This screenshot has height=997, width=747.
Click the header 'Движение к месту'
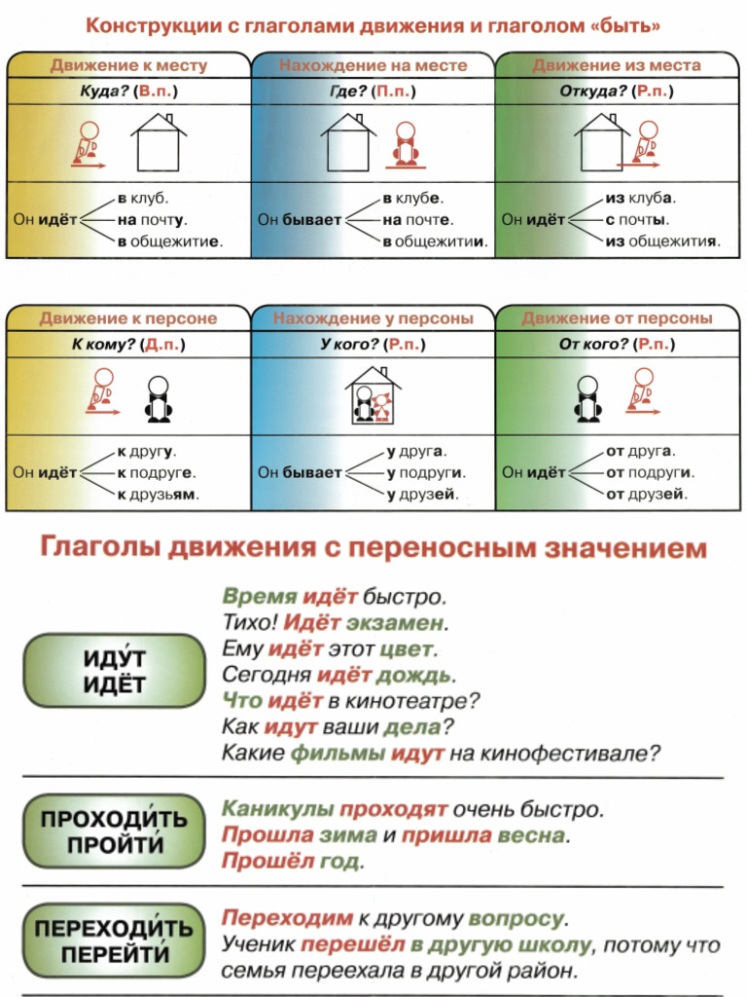coord(128,66)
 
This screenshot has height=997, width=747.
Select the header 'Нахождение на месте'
coord(373,66)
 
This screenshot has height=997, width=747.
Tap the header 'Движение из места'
coord(617,66)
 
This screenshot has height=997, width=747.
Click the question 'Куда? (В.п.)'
coord(128,92)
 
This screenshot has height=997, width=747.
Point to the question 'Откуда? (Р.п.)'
coord(617,92)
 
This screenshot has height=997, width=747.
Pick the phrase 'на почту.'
coord(152,220)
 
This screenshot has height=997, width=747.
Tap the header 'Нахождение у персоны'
coord(373,318)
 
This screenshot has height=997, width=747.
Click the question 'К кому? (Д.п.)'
coord(128,345)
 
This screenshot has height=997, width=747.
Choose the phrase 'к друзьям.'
coord(158,494)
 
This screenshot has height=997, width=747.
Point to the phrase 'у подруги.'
coord(426,473)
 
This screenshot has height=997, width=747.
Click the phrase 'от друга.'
coord(640,452)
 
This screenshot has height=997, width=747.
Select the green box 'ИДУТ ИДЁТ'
coord(114,671)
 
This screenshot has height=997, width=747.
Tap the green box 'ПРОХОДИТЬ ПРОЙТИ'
coord(114,831)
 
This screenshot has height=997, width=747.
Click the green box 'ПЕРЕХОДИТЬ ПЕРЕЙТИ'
coord(114,942)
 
